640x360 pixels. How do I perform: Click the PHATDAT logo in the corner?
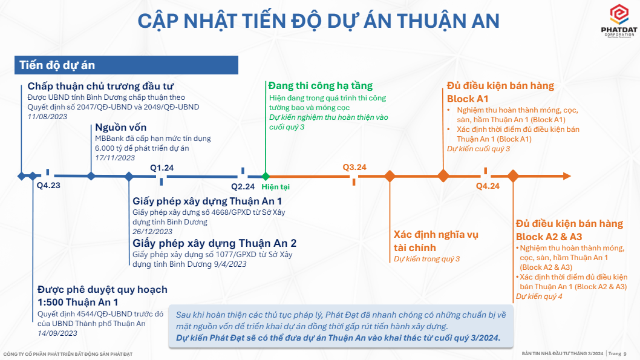619,21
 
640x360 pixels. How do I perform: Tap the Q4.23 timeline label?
48,185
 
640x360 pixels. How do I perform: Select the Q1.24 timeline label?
162,168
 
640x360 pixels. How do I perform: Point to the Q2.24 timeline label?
243,186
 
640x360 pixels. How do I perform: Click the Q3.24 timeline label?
354,168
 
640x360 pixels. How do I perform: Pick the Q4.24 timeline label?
488,186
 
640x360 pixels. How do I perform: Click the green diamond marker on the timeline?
266,176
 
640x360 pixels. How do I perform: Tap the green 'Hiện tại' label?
275,187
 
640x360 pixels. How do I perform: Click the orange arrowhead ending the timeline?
567,176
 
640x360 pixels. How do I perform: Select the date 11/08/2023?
47,117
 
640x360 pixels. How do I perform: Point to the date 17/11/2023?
115,158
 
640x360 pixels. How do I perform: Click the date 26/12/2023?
152,232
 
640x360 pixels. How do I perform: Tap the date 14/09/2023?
57,333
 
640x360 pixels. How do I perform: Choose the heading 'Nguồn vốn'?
121,127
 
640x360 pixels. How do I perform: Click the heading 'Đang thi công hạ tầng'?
321,86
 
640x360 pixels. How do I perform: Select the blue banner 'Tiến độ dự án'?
126,65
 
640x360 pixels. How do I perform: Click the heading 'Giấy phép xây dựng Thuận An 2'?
214,243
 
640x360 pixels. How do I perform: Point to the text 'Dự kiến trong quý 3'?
426,259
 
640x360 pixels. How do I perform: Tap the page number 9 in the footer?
625,354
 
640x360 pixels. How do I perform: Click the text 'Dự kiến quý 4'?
539,296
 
